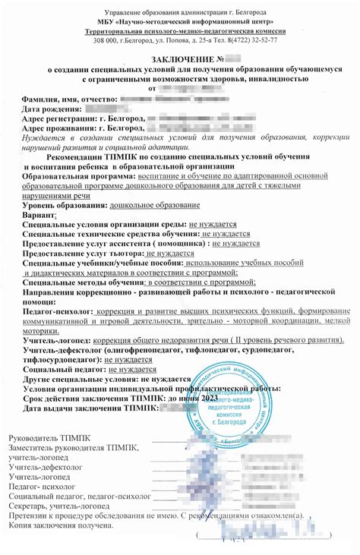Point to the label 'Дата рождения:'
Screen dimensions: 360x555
tap(51, 109)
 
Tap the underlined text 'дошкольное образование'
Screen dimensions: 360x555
tap(155, 205)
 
